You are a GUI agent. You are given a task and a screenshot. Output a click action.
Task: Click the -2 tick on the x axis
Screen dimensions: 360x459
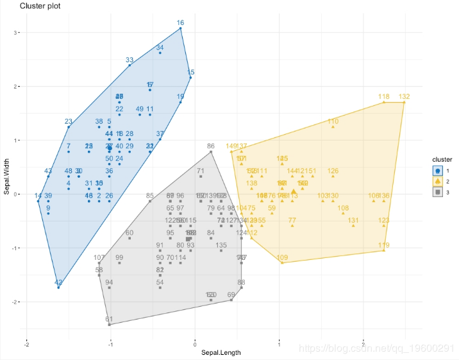coord(26,343)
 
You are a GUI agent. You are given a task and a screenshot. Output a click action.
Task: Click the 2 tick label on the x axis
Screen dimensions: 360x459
coord(363,343)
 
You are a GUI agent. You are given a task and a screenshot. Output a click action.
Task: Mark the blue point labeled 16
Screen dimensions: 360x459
coord(180,28)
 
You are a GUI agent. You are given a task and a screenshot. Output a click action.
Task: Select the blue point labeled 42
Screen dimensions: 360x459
coord(58,287)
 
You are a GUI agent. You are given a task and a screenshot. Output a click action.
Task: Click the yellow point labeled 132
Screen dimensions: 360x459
coord(404,102)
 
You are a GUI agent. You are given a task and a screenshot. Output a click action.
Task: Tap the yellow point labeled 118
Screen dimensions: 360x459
coord(384,102)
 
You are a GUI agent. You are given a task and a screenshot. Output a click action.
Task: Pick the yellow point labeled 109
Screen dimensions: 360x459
coord(282,263)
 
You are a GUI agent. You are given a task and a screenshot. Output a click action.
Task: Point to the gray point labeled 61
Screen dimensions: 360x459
coord(109,325)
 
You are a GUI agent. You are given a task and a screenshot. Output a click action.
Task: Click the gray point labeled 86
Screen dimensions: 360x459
coord(211,151)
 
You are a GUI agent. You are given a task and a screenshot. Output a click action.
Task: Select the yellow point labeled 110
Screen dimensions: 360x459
coord(333,126)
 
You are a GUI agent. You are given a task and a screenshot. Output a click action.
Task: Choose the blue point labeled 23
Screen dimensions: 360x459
coord(69,126)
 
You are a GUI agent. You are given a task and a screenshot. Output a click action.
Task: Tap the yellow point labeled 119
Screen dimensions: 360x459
coord(383,250)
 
